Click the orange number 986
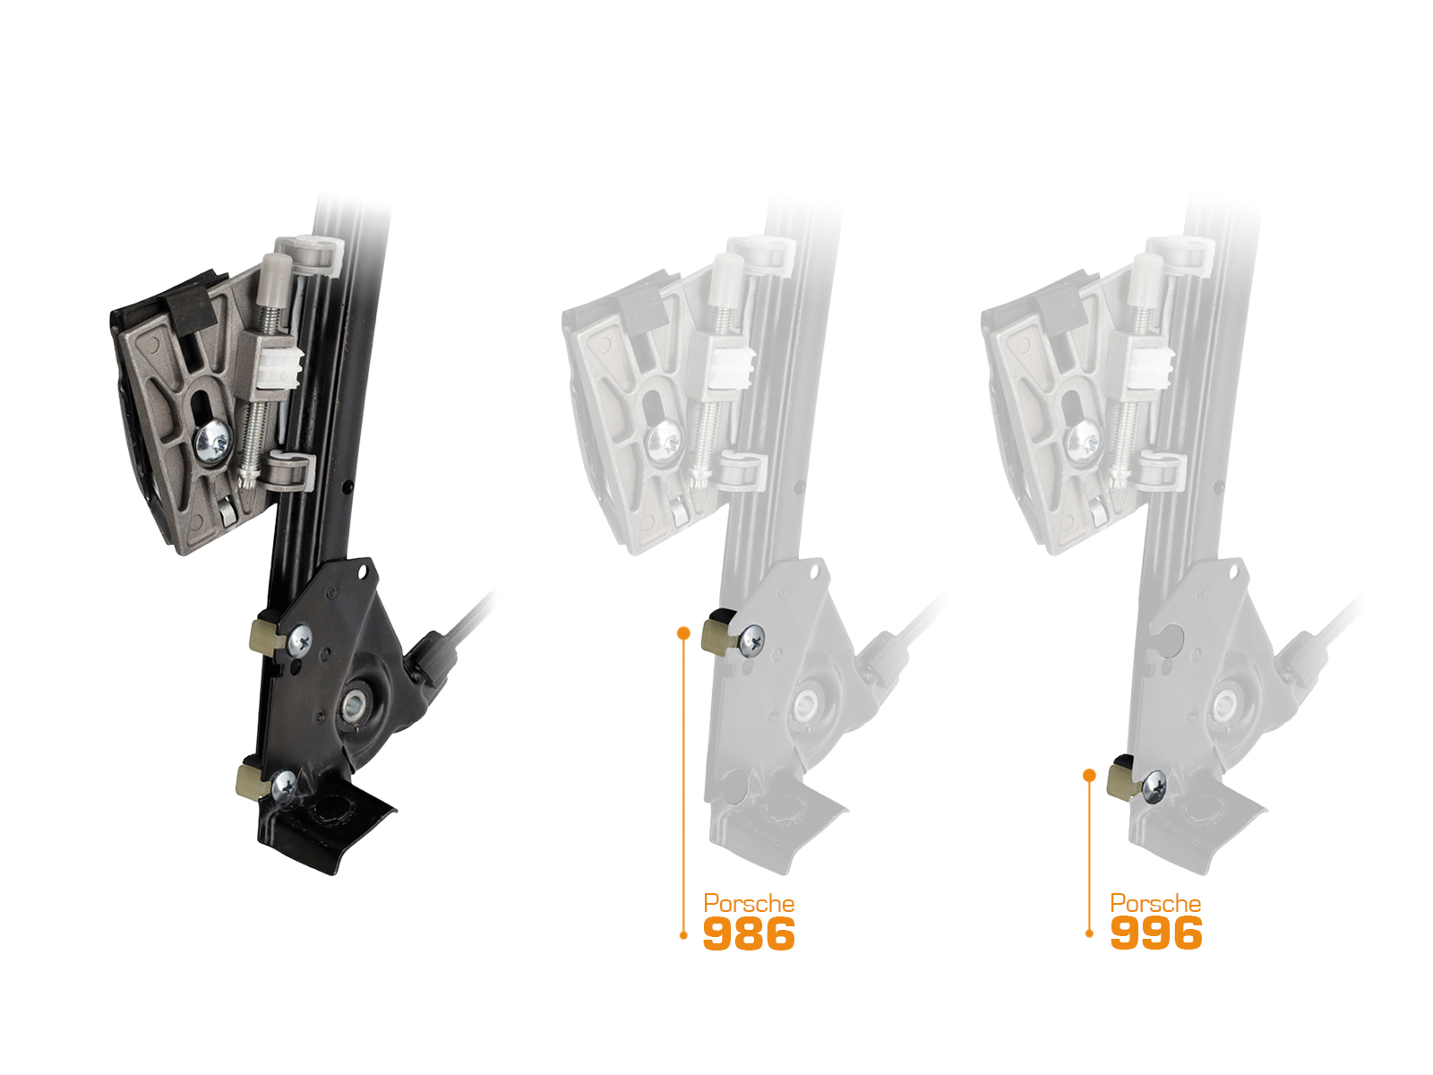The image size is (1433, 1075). click(x=749, y=933)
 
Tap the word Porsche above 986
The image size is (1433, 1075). click(x=749, y=904)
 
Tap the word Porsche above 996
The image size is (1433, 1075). click(x=1155, y=903)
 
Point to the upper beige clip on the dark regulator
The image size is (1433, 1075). click(x=269, y=637)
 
